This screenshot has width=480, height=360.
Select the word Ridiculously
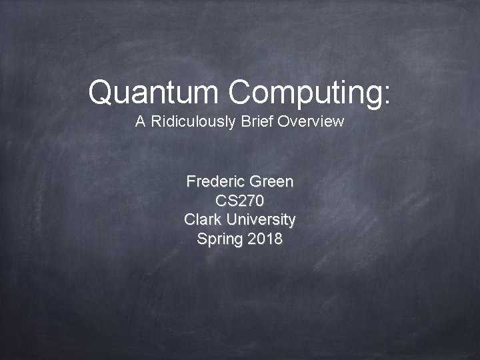(191, 122)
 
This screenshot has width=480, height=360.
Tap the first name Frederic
(215, 181)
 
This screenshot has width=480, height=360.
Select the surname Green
(271, 181)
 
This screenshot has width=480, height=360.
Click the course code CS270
(240, 201)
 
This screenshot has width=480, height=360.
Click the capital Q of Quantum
(100, 92)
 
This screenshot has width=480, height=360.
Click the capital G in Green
(254, 181)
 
